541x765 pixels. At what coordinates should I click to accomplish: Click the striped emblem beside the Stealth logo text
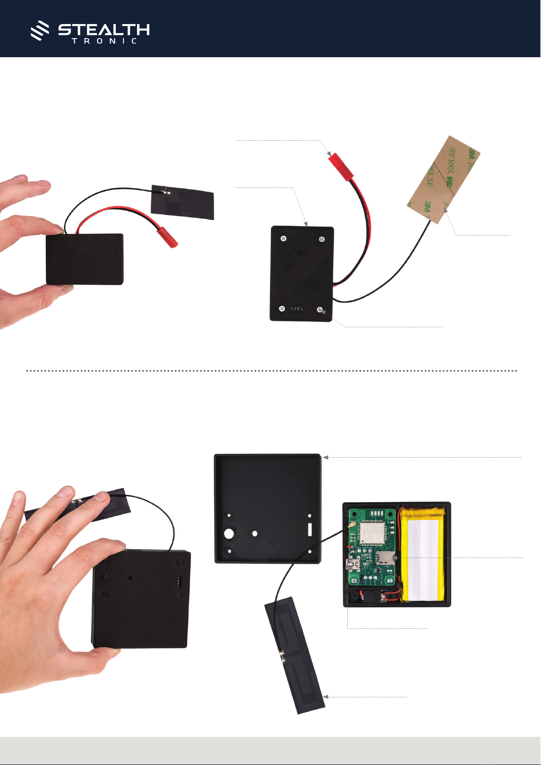pyautogui.click(x=40, y=31)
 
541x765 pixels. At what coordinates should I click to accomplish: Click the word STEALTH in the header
pyautogui.click(x=104, y=30)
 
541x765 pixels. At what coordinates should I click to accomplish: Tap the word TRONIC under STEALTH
pyautogui.click(x=104, y=41)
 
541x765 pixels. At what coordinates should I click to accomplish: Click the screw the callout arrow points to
pyautogui.click(x=320, y=310)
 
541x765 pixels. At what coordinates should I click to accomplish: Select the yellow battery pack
pyautogui.click(x=422, y=554)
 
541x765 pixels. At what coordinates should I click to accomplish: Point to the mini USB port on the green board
pyautogui.click(x=352, y=565)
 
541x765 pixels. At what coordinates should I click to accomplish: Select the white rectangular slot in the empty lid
pyautogui.click(x=310, y=529)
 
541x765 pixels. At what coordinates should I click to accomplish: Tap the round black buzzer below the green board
pyautogui.click(x=369, y=597)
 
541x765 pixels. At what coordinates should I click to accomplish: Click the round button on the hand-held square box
pyautogui.click(x=106, y=577)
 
